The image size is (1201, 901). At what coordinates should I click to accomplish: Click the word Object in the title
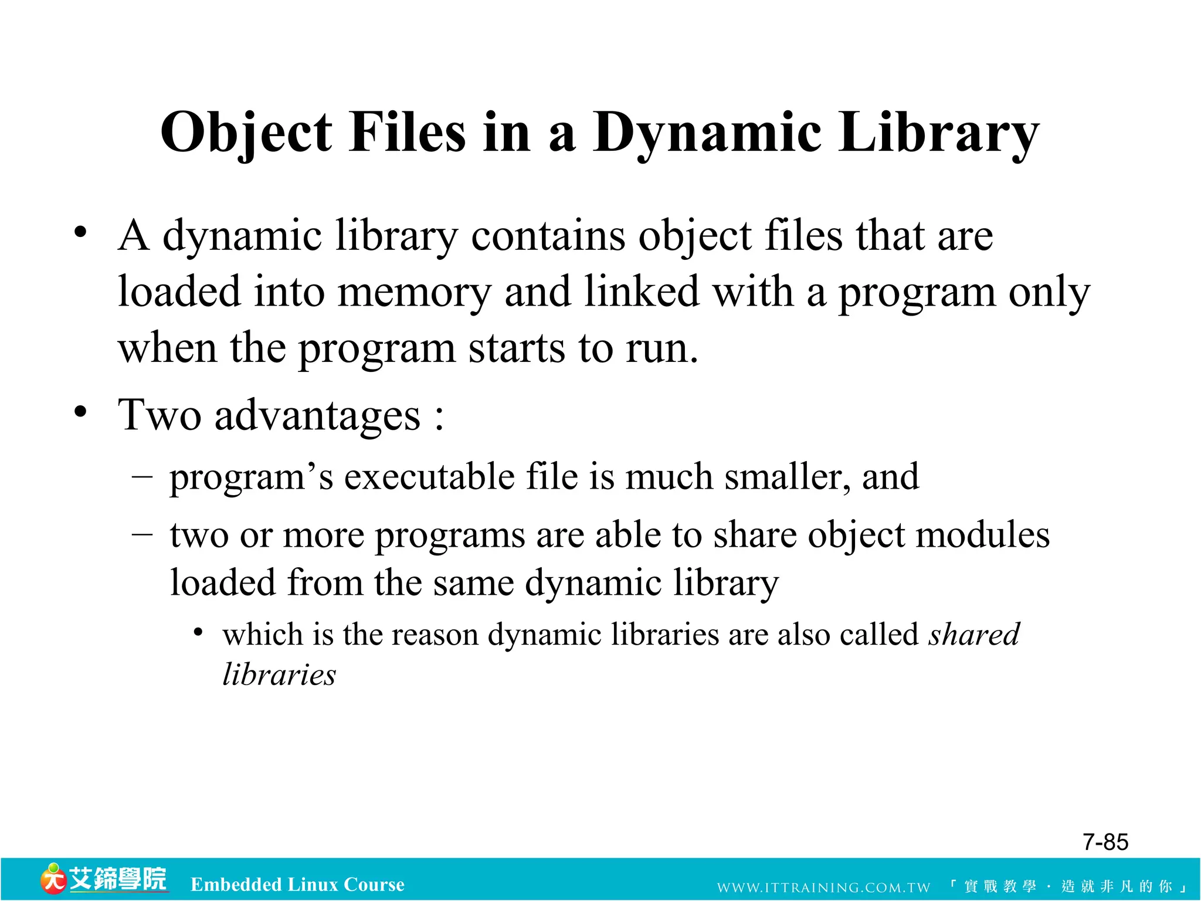pos(247,133)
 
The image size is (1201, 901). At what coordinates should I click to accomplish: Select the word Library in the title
pos(939,133)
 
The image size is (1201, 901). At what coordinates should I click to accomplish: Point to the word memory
pos(414,292)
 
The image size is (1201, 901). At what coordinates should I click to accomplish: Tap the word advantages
pos(317,416)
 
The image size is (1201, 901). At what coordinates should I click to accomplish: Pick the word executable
pos(429,476)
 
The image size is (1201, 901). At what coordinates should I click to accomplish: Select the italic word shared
pos(974,635)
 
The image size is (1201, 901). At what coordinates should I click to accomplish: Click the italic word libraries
pos(279,675)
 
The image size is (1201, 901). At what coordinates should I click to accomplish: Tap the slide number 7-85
pos(1105,842)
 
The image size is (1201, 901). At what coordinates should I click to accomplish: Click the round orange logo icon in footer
pos(53,879)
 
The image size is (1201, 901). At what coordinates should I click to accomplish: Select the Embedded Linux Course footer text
pos(297,885)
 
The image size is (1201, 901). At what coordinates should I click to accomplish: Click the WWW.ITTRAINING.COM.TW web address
pos(823,888)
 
